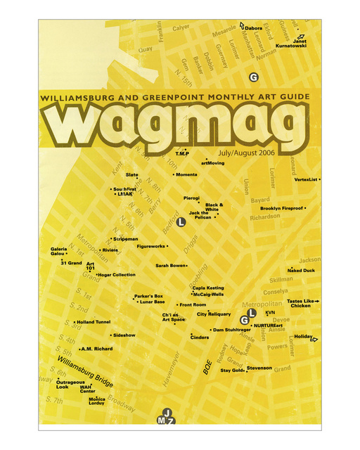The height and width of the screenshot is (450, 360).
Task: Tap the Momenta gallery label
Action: tap(186, 174)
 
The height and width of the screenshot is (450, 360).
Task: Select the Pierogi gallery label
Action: tap(192, 198)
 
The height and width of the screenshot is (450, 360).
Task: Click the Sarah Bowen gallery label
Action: tap(171, 266)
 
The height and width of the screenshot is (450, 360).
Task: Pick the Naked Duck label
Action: tap(302, 271)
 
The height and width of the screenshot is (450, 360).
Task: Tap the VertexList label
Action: tap(306, 179)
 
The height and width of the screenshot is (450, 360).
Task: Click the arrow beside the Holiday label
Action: tap(314, 340)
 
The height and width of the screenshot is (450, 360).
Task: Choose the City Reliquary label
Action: tap(214, 314)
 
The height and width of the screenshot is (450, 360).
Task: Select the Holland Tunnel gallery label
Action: tap(94, 322)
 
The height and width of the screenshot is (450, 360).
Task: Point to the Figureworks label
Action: tap(151, 247)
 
